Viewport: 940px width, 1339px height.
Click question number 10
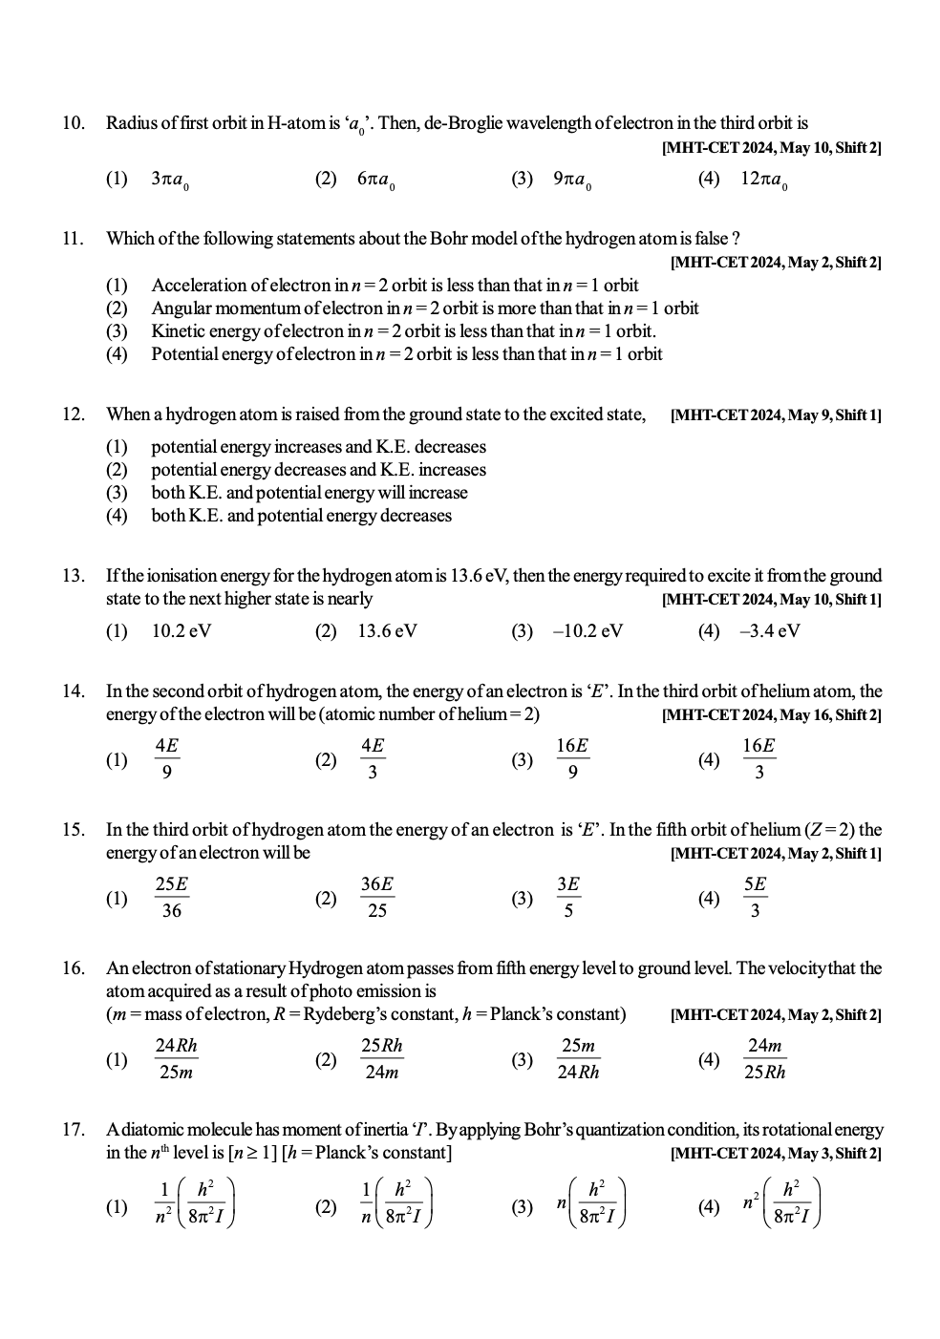pos(74,123)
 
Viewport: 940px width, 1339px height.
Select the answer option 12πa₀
pos(763,180)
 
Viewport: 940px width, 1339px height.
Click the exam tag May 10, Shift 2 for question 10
pos(771,147)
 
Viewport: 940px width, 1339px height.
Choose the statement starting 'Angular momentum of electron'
pos(424,308)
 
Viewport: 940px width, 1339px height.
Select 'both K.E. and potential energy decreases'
pos(301,516)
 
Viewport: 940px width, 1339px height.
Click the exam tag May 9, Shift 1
pos(776,415)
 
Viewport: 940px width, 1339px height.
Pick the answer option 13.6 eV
pos(387,631)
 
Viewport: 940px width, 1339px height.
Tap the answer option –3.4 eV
pos(769,631)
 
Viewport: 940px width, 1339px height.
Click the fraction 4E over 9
pos(167,759)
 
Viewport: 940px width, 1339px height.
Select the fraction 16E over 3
pos(758,759)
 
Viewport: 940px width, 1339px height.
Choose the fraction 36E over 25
pos(377,898)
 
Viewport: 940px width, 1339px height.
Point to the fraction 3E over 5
pos(568,898)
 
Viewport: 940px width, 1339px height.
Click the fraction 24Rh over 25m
pos(176,1058)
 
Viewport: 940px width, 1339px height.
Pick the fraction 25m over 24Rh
pos(579,1058)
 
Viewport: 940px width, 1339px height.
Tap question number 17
pos(74,1131)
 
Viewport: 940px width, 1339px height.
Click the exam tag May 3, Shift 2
pos(776,1154)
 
